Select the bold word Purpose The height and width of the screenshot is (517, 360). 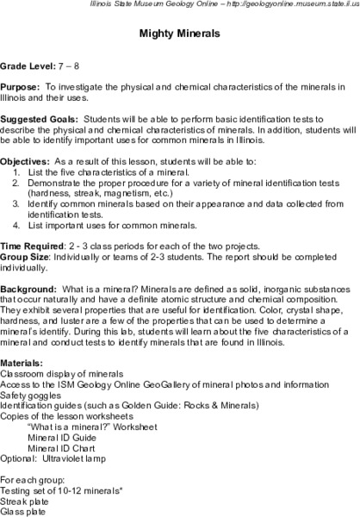[x=22, y=88]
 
